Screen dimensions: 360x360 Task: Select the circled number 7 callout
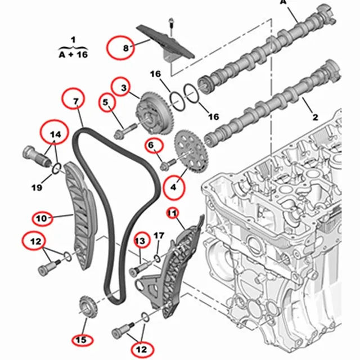coord(75,101)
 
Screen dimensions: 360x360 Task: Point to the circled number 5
coord(105,102)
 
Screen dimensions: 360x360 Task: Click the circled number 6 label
coord(151,146)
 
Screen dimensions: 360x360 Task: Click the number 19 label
coord(37,187)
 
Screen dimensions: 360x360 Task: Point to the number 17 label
coord(159,235)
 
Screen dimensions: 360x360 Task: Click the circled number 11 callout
coord(172,213)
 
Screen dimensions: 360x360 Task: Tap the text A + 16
coord(73,54)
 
